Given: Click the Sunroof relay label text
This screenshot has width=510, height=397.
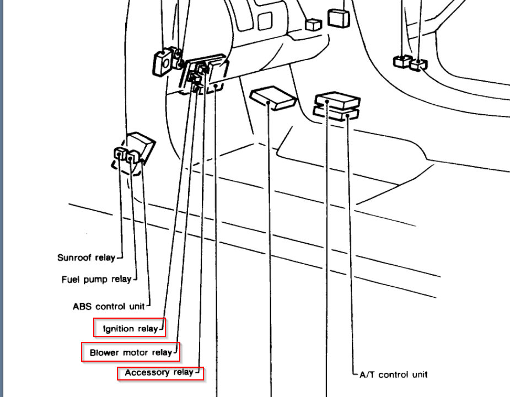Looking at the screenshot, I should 86,257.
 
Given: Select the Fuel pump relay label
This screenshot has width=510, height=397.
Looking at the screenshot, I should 96,280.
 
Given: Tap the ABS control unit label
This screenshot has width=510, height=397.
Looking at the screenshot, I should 108,306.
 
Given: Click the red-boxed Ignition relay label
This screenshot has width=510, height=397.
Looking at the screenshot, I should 130,329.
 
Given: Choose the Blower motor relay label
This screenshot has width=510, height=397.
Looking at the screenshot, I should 131,352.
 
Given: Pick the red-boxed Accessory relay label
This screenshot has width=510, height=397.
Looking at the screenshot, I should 159,373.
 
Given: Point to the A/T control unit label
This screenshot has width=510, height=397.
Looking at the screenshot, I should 393,374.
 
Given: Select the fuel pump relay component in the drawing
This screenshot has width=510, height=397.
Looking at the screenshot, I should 131,157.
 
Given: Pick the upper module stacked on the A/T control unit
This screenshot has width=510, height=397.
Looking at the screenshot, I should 337,100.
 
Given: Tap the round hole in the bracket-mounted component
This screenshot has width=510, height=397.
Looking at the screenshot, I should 164,63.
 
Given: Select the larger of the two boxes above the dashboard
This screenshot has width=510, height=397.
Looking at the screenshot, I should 339,18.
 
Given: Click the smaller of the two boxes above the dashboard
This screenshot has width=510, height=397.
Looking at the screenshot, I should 313,24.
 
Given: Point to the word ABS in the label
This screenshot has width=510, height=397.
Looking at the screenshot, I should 82,306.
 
